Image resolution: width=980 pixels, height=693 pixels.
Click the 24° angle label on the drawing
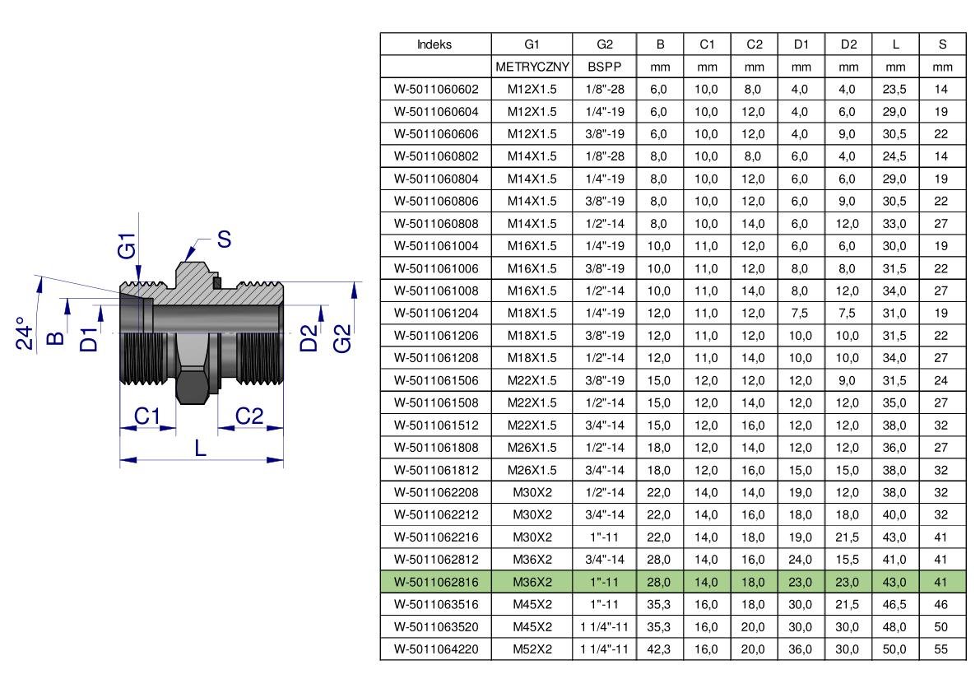24,333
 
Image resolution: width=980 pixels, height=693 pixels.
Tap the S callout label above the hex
225,239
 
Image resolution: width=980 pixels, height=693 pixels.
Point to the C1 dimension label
146,416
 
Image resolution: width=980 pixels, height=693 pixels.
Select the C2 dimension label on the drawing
248,416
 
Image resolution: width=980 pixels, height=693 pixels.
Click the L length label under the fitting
200,448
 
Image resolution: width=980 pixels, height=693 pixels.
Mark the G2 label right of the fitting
341,338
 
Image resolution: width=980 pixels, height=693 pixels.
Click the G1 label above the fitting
126,245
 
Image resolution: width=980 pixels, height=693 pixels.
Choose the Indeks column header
434,44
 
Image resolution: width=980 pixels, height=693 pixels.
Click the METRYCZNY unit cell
532,67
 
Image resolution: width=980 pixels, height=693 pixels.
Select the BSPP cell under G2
605,67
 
